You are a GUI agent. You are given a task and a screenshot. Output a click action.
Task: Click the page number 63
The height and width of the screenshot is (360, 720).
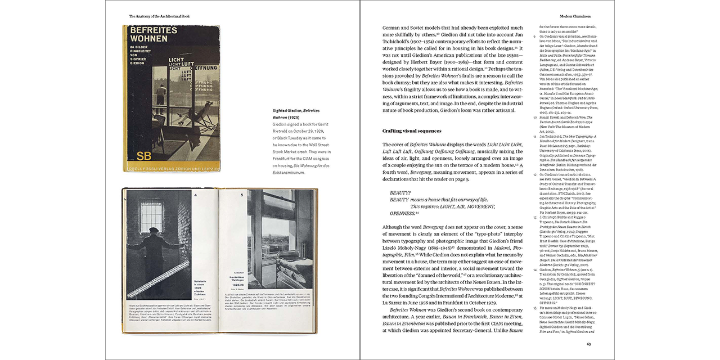pos(588,344)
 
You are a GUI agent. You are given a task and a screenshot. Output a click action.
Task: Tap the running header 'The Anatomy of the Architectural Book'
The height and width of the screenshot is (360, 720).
pos(159,16)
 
